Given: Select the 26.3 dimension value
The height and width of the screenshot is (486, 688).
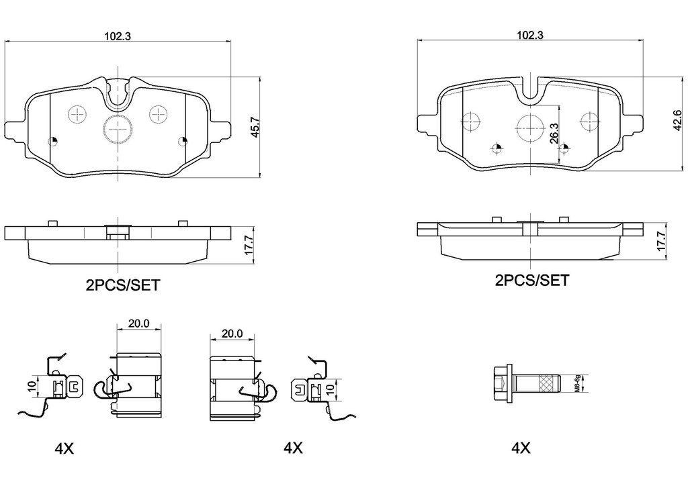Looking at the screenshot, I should [553, 131].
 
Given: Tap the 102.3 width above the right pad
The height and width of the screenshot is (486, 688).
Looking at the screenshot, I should [531, 35].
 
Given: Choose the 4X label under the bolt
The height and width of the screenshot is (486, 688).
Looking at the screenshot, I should [521, 448].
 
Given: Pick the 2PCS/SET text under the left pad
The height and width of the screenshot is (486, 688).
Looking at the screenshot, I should [123, 285].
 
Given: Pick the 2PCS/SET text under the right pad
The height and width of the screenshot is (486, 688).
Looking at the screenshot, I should [531, 281].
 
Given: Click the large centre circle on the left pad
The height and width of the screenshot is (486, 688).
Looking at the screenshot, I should [118, 128].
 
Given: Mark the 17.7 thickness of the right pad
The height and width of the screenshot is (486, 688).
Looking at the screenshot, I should [661, 240].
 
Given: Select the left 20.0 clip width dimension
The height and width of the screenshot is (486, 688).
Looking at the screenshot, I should [139, 323].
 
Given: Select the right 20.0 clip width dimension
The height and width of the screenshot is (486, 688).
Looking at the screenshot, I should [232, 333].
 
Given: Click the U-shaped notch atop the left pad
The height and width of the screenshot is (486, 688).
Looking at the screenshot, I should [118, 93].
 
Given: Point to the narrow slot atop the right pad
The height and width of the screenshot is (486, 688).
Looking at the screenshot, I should [531, 89].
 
